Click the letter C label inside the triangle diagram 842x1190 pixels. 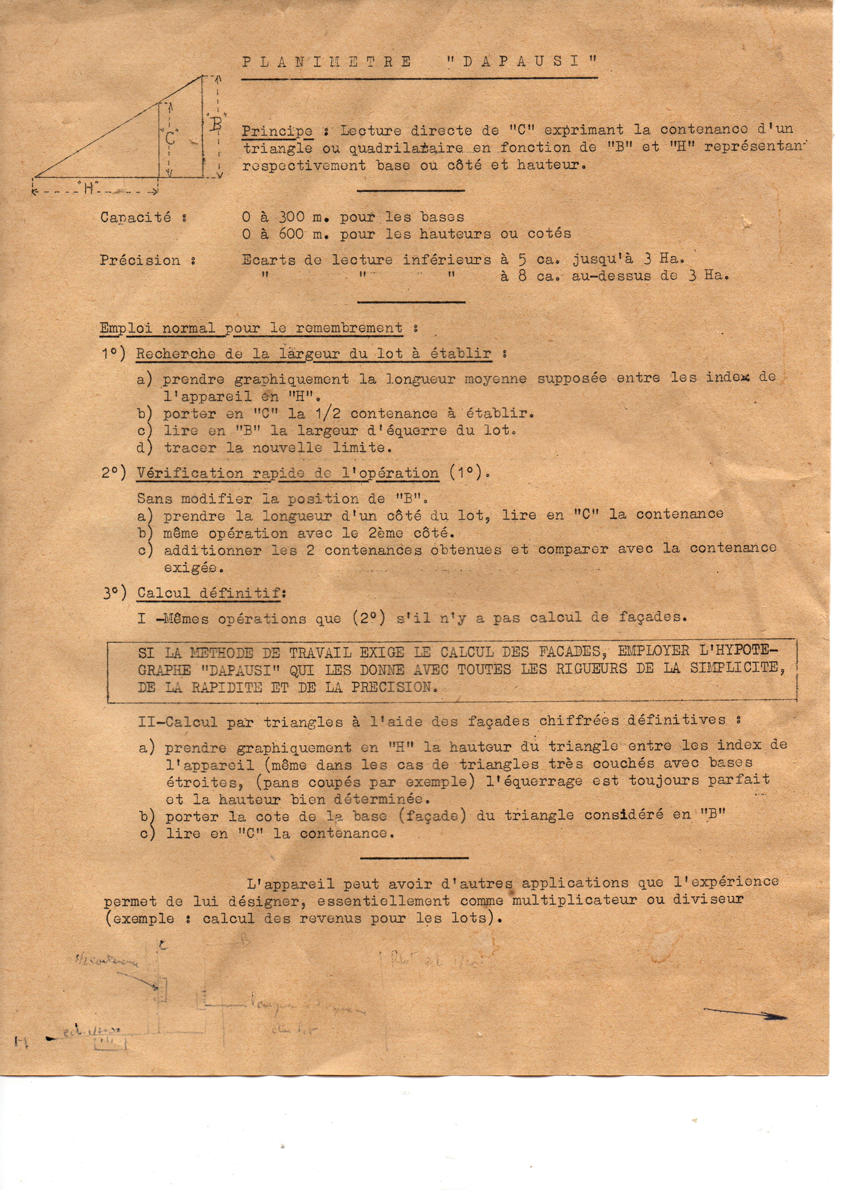click(x=171, y=138)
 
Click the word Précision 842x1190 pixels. click(x=140, y=260)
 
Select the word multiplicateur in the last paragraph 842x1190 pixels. click(x=575, y=900)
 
